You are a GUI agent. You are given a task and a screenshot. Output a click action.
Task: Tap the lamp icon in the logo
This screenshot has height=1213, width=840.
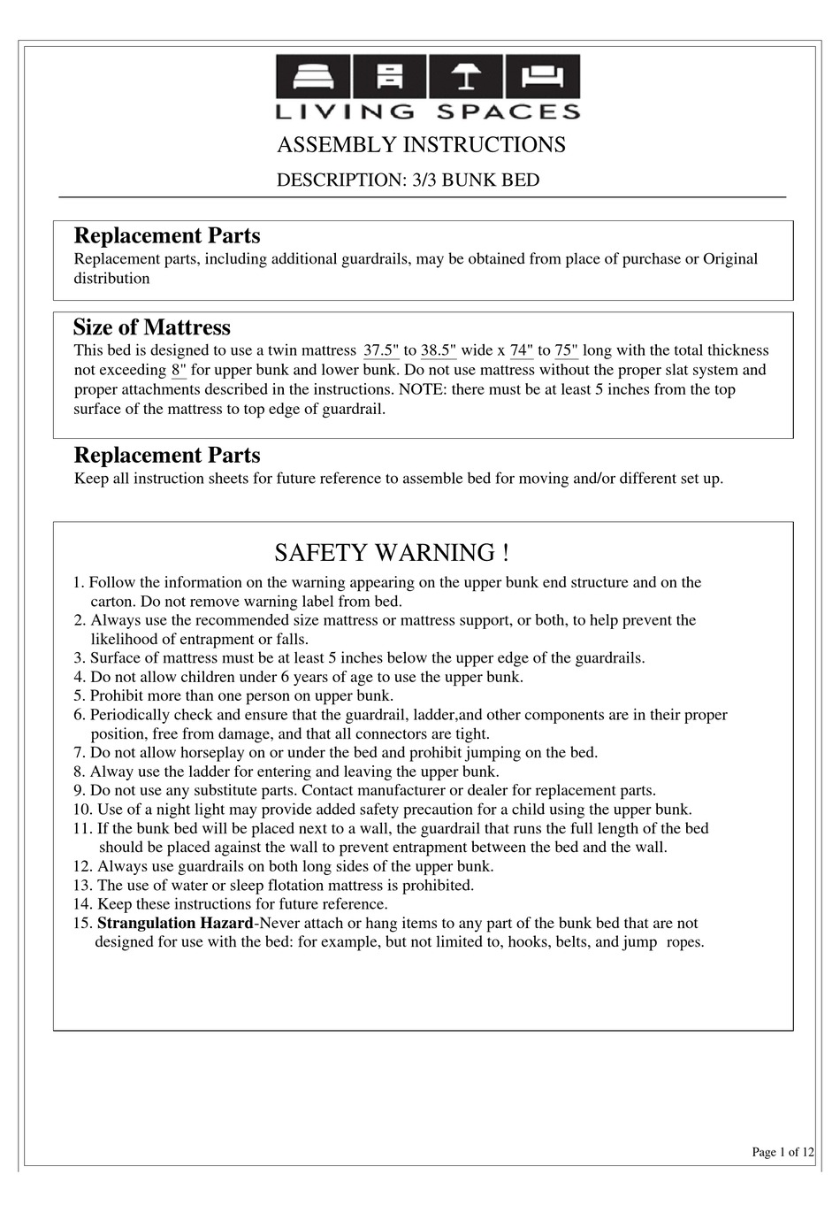pos(466,76)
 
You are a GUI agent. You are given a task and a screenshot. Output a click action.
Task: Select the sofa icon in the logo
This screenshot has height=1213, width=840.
pos(543,76)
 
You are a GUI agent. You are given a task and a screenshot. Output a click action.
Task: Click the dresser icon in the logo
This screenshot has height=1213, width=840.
pos(389,76)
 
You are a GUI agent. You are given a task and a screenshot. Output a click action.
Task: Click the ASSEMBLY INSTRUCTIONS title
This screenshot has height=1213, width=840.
pos(421,145)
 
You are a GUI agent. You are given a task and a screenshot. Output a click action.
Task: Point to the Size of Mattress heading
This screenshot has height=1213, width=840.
pos(151,328)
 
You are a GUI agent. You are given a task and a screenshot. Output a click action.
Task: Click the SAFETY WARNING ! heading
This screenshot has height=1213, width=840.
pos(391,553)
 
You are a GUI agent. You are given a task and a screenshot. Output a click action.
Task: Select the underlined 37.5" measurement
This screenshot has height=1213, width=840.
pos(381,351)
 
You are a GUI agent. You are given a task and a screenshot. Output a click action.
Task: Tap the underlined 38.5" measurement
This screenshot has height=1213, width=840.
pos(439,351)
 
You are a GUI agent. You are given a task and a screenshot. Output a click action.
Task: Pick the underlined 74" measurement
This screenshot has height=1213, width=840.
pos(522,351)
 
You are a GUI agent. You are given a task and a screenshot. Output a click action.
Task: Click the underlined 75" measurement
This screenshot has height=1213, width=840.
pos(566,351)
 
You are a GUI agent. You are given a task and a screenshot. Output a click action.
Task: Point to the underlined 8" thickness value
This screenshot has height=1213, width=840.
pos(179,371)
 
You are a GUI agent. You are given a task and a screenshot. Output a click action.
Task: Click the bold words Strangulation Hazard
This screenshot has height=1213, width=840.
pos(175,924)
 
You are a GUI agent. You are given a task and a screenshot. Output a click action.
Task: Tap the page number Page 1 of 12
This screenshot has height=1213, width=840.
pos(783,1152)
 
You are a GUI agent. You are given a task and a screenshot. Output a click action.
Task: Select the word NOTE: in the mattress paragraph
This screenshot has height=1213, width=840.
pos(426,390)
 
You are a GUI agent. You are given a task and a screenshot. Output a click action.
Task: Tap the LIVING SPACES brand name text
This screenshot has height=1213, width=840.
pos(428,111)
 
